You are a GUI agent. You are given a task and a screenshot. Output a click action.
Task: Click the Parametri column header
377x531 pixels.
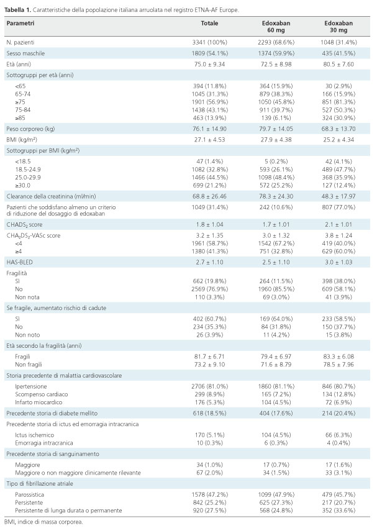[20, 24]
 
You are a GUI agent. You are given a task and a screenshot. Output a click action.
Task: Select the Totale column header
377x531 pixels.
[209, 24]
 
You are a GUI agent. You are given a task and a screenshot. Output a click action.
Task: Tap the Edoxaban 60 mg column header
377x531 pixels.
[276, 27]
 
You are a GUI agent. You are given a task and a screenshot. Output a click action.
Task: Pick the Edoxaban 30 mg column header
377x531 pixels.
[338, 27]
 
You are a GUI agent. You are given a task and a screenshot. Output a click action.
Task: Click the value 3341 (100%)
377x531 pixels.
[210, 42]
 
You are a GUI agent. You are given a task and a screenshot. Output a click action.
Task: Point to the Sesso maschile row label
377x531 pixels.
[25, 53]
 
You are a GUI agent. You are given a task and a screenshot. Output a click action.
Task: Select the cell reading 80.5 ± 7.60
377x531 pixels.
[338, 64]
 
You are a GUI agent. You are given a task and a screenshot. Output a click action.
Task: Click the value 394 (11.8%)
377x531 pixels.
[210, 86]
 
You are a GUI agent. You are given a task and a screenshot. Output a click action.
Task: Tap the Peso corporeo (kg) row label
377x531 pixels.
[30, 129]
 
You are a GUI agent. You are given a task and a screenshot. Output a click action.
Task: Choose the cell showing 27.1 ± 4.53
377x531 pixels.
[210, 140]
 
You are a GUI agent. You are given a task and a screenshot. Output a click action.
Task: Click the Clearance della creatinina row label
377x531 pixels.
[51, 196]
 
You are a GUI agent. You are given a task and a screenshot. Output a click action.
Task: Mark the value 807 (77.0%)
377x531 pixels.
[338, 207]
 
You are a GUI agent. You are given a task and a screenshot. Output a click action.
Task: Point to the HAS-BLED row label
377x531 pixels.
[20, 262]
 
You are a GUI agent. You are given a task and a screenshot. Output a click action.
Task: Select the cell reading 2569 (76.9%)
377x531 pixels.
[210, 289]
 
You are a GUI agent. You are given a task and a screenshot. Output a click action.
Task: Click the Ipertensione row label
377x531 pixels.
[31, 386]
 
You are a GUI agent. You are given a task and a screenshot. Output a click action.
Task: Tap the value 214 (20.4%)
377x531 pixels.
[338, 413]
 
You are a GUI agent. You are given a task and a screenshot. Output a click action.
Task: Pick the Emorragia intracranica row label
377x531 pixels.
[44, 443]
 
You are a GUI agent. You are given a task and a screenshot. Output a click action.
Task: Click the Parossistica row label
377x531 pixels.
[29, 494]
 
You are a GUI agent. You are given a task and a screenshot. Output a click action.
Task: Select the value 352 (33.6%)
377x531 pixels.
[338, 511]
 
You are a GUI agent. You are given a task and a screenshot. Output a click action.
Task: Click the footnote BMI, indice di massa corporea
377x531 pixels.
[43, 522]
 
